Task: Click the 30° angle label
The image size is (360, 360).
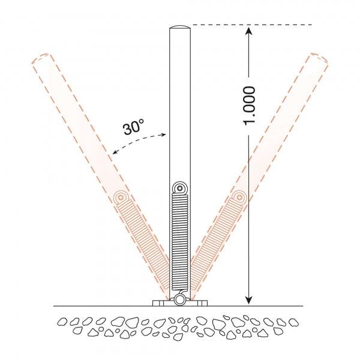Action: pos(133,127)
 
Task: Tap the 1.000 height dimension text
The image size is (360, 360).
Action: pos(250,106)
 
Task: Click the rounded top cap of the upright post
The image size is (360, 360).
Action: pos(179,28)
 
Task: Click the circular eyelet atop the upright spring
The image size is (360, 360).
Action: pos(179,188)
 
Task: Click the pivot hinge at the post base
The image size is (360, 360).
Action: pos(179,299)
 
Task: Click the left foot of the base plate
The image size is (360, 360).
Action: pos(160,302)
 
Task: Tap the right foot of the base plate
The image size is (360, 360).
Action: pos(200,302)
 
